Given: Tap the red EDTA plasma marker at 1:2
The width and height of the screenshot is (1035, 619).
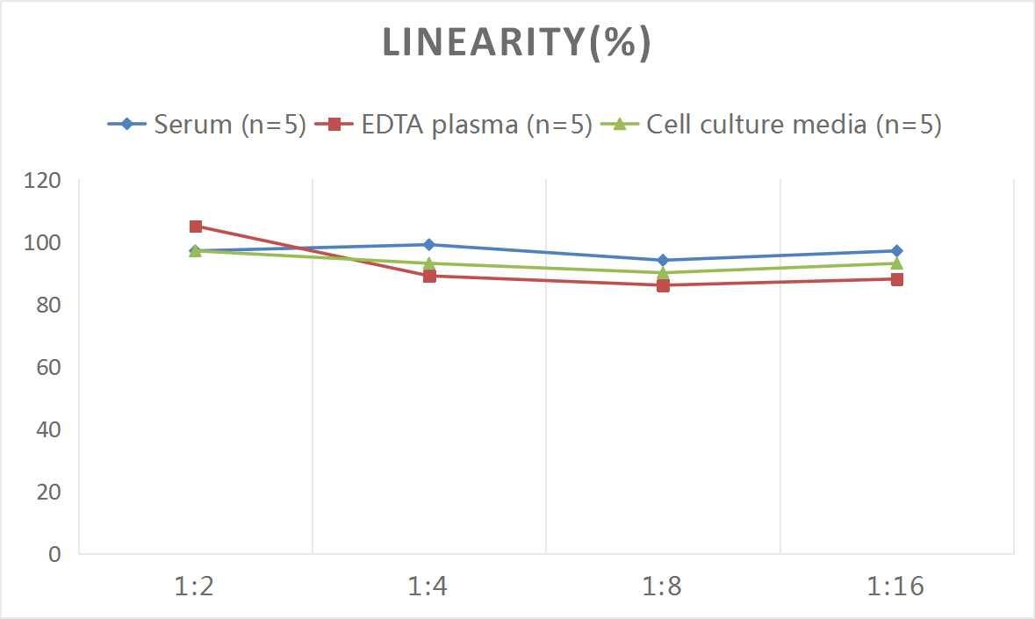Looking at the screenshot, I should tap(196, 227).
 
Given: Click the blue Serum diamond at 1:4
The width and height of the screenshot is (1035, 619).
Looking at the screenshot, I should tap(429, 245).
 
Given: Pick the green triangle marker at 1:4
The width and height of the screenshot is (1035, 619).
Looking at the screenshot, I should tap(429, 263).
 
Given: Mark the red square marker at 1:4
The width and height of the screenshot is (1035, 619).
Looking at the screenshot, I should tap(429, 276).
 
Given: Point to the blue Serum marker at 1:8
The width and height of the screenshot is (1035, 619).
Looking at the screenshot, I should tap(663, 260).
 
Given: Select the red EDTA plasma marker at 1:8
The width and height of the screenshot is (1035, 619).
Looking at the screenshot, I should tap(663, 285).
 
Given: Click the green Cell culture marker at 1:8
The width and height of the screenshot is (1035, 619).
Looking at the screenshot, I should tap(663, 272).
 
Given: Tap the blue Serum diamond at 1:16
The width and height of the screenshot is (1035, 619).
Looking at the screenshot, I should tap(896, 251).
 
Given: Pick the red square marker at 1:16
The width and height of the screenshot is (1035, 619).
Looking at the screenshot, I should tap(896, 279).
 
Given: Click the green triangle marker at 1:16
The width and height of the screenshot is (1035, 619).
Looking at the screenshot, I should tap(896, 263).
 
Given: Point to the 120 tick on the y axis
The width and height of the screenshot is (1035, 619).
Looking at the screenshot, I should tap(43, 180).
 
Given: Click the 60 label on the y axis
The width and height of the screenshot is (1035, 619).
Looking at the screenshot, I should tap(48, 367).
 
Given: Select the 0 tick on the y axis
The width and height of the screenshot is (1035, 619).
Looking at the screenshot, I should tap(54, 554).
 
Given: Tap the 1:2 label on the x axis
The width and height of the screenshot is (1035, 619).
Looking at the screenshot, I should tap(195, 586).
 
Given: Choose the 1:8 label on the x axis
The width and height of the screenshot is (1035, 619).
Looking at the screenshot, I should tap(662, 586).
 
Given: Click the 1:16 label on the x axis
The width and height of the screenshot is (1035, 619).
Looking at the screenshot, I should tap(895, 586).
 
